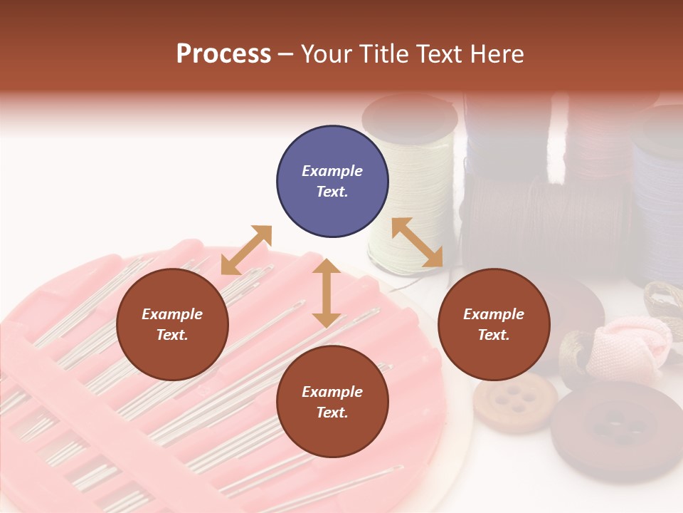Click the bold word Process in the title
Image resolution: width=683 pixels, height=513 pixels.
coord(223,54)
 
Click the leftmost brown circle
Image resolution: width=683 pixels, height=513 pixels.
coord(172,324)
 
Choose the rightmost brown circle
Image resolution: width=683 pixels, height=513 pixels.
coord(494,324)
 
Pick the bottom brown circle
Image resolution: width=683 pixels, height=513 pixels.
coord(332,402)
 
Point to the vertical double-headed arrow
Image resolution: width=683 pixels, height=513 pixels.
coord(326,293)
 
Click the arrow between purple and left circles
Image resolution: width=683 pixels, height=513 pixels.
coord(246,250)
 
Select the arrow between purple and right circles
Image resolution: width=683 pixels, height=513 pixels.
coord(418,242)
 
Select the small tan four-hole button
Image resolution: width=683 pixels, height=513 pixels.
coord(516,400)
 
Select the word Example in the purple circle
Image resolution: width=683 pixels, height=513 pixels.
coord(332,171)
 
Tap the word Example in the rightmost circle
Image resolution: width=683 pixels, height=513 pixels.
coord(494,314)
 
